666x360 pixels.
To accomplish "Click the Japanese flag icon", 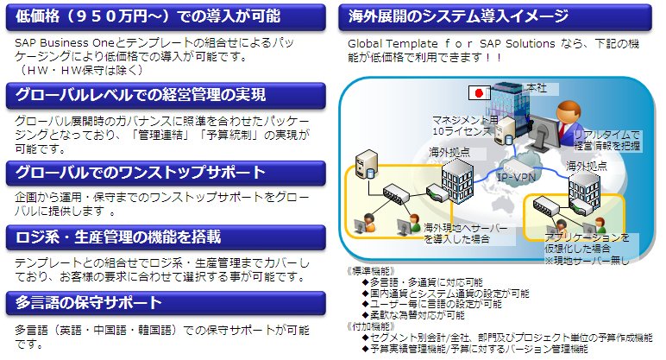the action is click(479, 92).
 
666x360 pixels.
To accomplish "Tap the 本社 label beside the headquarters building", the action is click(537, 87).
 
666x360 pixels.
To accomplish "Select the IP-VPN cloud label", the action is click(516, 177).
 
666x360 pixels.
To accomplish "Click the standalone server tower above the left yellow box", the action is click(367, 164).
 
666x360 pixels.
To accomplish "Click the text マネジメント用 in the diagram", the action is click(465, 119).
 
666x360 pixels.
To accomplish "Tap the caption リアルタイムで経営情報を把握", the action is click(606, 140).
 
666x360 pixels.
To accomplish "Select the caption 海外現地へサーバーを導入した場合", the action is click(465, 233).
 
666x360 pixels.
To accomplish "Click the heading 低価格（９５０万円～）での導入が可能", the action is click(148, 16).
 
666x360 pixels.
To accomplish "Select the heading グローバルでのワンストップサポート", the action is click(140, 172).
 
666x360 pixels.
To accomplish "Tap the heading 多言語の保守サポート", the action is click(88, 303).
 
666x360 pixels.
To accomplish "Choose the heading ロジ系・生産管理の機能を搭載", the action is click(118, 237).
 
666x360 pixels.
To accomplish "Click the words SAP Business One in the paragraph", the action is click(65, 42).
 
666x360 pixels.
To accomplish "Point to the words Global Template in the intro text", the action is click(393, 44).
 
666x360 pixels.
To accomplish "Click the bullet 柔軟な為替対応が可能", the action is click(413, 315).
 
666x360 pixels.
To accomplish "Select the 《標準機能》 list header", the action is click(371, 271).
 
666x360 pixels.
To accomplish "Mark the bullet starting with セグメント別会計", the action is click(507, 338).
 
